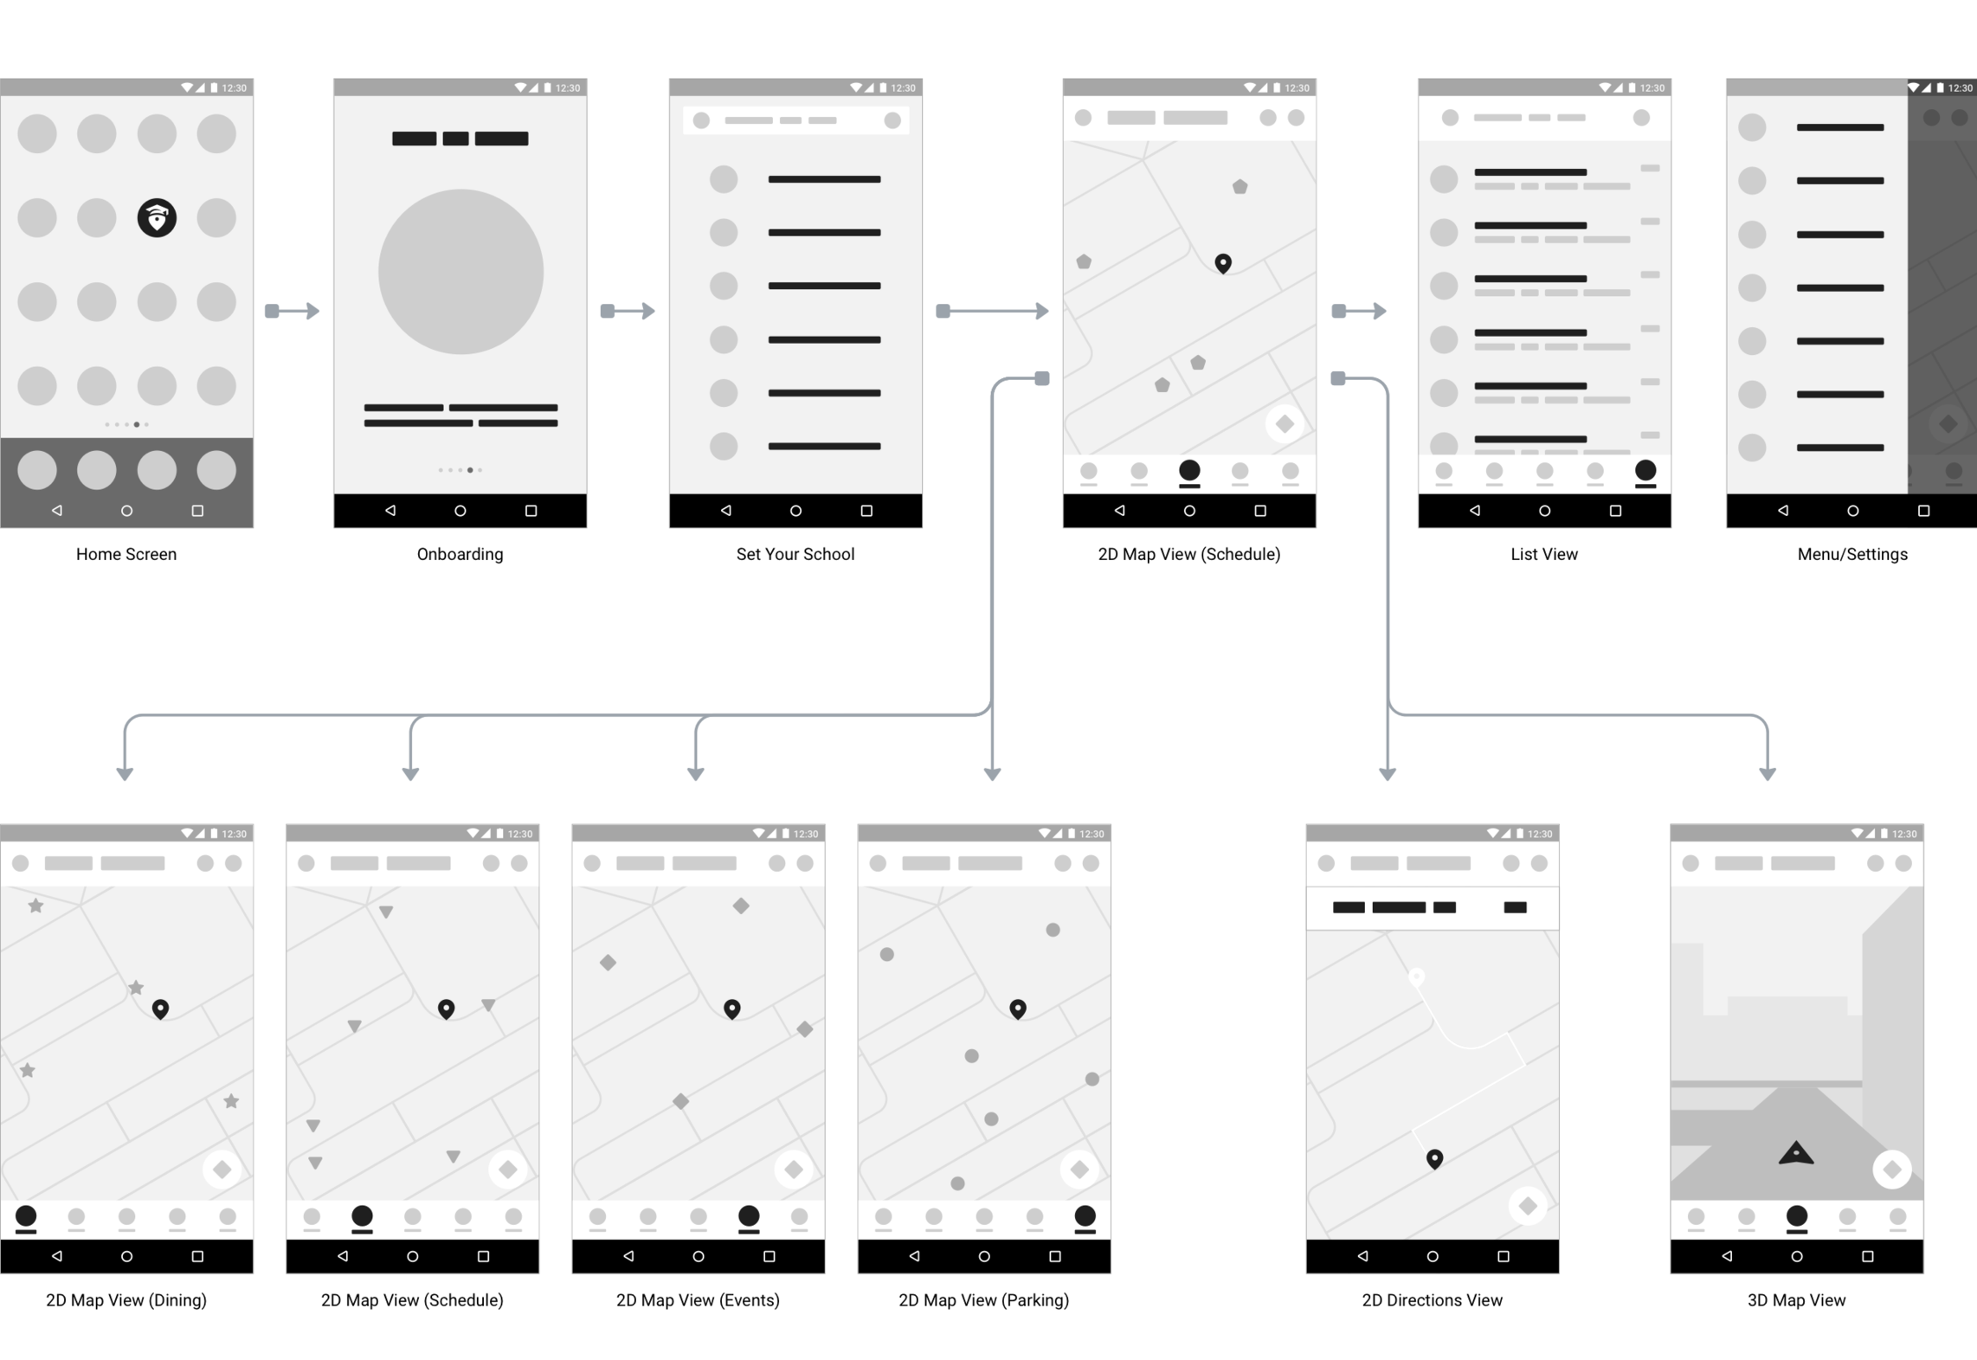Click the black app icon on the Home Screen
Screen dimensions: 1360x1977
pyautogui.click(x=157, y=217)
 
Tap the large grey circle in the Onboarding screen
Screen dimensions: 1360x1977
pyautogui.click(x=460, y=272)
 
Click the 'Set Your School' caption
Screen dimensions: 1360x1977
pyautogui.click(x=795, y=554)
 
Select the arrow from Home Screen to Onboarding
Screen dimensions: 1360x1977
pyautogui.click(x=293, y=311)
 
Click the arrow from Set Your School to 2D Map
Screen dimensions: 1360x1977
pyautogui.click(x=993, y=311)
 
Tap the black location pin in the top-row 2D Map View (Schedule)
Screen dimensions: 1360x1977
pyautogui.click(x=1222, y=262)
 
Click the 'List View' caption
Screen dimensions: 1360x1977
pyautogui.click(x=1543, y=554)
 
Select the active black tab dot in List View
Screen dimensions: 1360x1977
pyautogui.click(x=1645, y=470)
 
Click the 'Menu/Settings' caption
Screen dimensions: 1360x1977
pyautogui.click(x=1851, y=554)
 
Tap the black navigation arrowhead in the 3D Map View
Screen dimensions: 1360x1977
pyautogui.click(x=1795, y=1153)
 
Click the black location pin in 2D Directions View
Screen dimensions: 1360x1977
pyautogui.click(x=1434, y=1158)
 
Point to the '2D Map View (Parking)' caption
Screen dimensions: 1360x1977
pyautogui.click(x=983, y=1299)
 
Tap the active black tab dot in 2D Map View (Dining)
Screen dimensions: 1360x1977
pyautogui.click(x=26, y=1215)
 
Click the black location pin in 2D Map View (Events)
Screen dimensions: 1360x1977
pyautogui.click(x=731, y=1009)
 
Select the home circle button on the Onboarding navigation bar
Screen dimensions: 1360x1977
pyautogui.click(x=460, y=511)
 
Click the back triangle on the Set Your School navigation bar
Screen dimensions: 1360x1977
pyautogui.click(x=725, y=511)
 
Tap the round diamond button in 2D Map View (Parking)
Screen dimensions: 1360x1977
pyautogui.click(x=1079, y=1170)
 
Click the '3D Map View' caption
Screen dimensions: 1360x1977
pyautogui.click(x=1796, y=1299)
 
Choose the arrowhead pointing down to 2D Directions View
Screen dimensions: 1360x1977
pyautogui.click(x=1387, y=773)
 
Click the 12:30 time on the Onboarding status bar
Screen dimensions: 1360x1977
pyautogui.click(x=568, y=87)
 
